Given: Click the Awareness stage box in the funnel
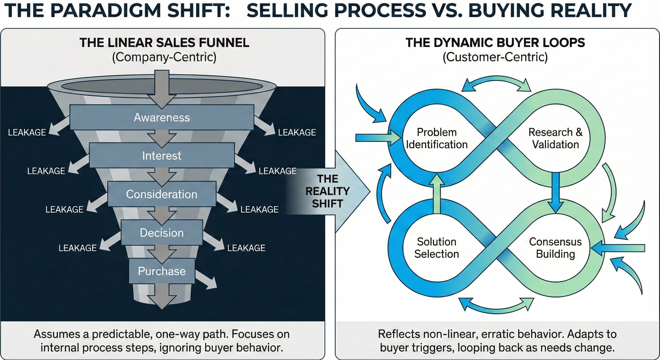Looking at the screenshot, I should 162,117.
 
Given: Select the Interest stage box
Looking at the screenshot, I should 162,156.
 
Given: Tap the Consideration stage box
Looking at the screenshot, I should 162,194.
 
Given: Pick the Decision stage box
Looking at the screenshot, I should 162,233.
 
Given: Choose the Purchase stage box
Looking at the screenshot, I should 162,271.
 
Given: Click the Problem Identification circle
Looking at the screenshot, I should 437,138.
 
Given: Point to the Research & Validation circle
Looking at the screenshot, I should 555,138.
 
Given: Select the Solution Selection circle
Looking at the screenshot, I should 437,248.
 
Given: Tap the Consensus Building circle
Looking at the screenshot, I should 555,248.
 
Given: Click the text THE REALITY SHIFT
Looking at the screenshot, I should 327,191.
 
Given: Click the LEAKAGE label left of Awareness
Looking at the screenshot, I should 27,132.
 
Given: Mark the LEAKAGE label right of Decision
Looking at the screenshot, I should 246,248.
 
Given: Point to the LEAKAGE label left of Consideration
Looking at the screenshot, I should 64,210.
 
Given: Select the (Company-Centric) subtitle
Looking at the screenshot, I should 164,57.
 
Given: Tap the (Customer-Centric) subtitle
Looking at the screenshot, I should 495,57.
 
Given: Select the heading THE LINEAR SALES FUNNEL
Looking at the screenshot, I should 164,42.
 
